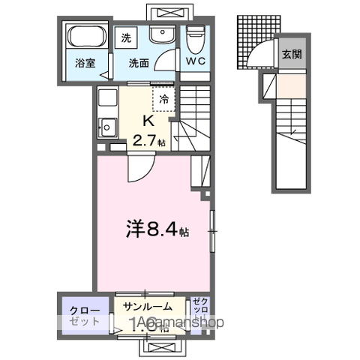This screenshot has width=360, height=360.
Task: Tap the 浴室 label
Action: (85, 64)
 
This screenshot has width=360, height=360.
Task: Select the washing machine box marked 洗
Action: (125, 37)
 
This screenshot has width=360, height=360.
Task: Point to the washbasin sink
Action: (159, 35)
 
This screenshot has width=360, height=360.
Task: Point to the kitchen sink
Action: (107, 127)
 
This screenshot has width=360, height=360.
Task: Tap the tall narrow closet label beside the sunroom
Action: (200, 311)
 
